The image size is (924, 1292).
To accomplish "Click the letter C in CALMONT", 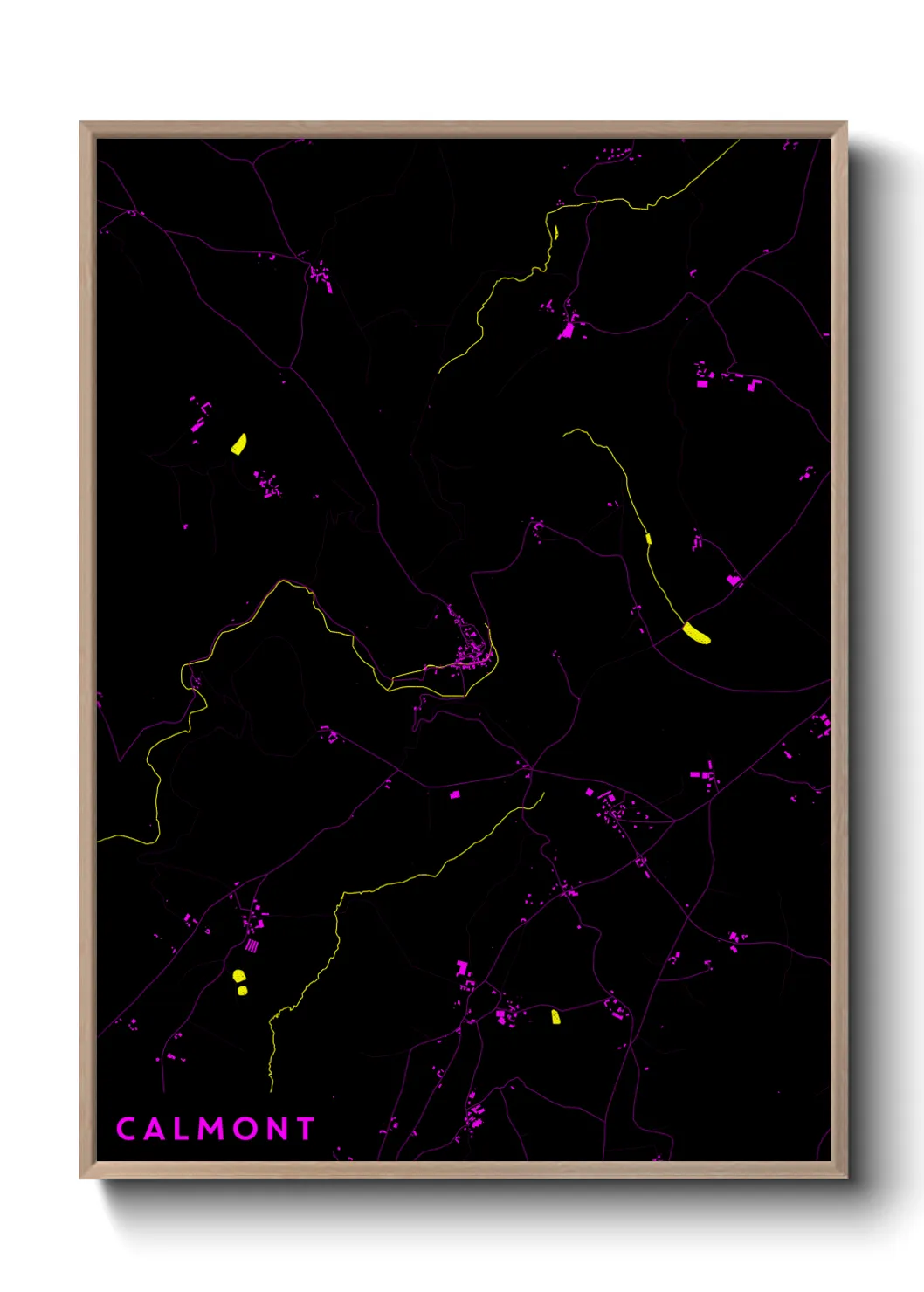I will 126,1129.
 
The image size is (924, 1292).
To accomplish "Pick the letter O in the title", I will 247,1129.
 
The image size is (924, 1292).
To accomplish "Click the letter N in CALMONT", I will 278,1129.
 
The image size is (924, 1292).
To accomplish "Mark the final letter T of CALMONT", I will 305,1129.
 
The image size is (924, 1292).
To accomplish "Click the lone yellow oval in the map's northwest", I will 238,444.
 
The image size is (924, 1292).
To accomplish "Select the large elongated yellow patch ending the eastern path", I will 696,633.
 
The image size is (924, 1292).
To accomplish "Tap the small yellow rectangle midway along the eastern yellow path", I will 648,539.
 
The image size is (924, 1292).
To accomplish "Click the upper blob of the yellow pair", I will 238,976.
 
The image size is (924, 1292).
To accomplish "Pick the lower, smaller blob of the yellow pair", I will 242,991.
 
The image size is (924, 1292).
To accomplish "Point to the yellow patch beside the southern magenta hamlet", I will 555,1016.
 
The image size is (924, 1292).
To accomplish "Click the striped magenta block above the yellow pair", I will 252,945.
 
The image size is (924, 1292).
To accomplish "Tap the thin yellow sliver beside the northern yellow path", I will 555,233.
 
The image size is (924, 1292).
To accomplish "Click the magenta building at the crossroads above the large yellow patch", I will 733,580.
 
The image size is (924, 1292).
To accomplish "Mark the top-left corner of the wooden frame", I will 81,123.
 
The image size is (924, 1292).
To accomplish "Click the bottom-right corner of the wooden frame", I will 846,1177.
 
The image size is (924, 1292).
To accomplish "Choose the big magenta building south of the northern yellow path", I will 568,331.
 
